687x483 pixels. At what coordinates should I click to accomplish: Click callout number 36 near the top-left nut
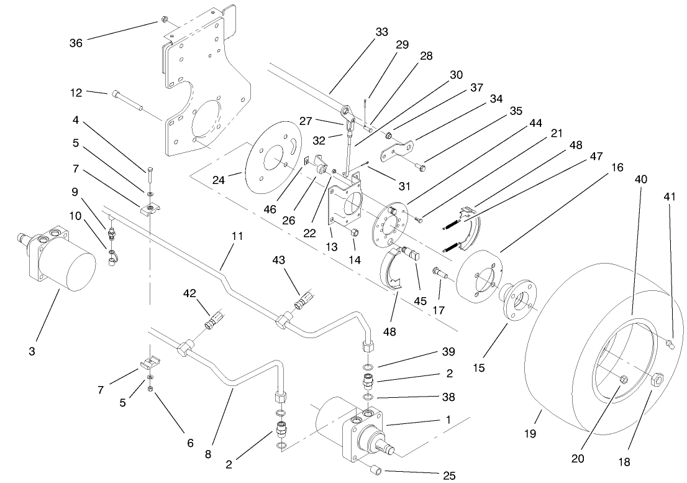(76, 42)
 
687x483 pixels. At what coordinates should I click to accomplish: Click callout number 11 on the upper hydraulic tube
(238, 237)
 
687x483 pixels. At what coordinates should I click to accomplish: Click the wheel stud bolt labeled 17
(440, 274)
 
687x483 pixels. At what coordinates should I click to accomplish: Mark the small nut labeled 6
(151, 389)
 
